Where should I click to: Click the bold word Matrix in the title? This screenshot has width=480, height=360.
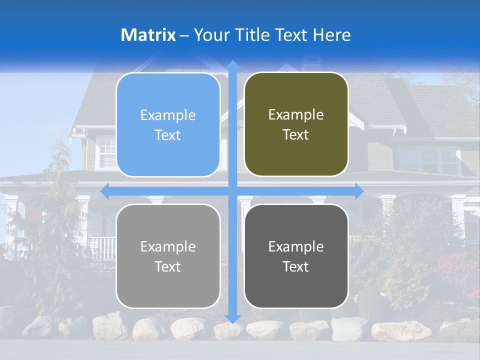coord(148,35)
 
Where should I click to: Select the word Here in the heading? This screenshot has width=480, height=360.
coord(331,35)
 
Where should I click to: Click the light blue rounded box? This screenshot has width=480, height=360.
coord(168,124)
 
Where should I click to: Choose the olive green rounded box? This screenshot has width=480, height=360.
coord(296,124)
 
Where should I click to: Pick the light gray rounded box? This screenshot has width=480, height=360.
coord(168,256)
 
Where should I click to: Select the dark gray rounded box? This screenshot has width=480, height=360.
coord(296,256)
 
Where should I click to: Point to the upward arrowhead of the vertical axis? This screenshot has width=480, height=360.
coord(232,65)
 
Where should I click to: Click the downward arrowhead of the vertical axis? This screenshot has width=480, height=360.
coord(232,318)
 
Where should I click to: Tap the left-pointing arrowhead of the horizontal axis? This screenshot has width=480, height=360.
coord(105,191)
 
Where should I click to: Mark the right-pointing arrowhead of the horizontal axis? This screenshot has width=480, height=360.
coord(359,191)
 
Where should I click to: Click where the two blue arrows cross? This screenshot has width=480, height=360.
coord(232,191)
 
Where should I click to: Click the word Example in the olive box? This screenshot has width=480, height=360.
coord(296,115)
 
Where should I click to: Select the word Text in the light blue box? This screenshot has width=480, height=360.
coord(168,135)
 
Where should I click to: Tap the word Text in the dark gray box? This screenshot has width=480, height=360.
coord(296,267)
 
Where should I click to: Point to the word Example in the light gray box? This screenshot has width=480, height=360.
coord(168,246)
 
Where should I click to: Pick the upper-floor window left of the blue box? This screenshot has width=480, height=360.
coord(106,152)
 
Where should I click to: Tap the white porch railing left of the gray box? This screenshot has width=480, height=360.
coord(102,247)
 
